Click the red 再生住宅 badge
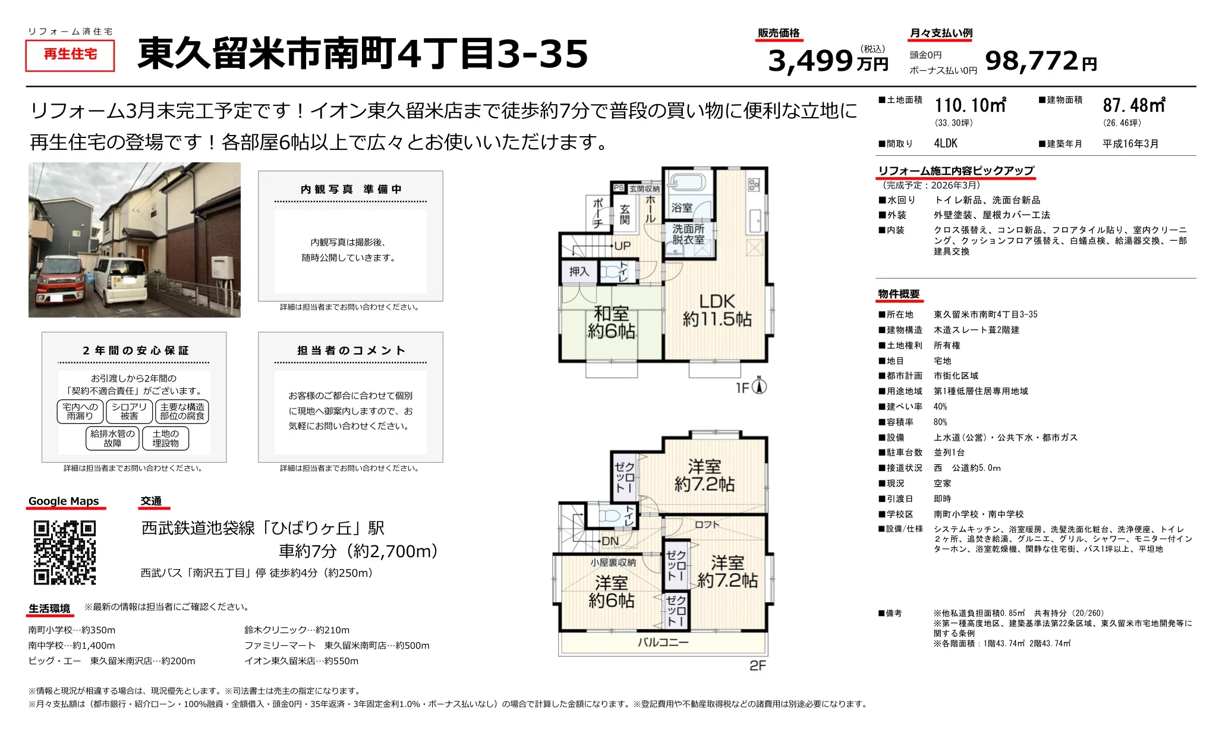click(70, 55)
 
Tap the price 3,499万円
click(828, 61)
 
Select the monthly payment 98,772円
click(1041, 61)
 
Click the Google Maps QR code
click(65, 552)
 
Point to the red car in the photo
click(62, 284)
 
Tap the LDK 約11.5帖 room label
click(717, 310)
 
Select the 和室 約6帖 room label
click(611, 322)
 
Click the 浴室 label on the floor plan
click(682, 208)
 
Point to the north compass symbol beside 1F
click(759, 386)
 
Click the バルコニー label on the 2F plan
click(663, 642)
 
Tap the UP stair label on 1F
click(622, 246)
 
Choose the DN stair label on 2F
click(610, 541)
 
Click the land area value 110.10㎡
click(970, 106)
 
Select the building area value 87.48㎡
click(1134, 106)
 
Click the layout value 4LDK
click(946, 143)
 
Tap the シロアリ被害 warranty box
click(129, 411)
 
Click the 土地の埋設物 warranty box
click(165, 438)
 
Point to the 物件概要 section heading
click(899, 294)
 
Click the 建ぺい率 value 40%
click(940, 407)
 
